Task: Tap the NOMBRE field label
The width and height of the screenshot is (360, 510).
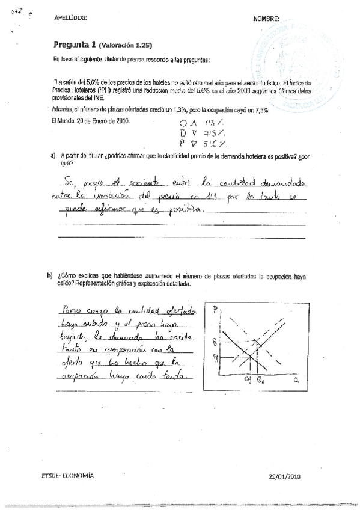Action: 266,19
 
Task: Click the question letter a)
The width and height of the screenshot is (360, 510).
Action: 53,155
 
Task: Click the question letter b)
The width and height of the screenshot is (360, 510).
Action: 50,275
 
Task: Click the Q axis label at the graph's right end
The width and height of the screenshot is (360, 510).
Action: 296,380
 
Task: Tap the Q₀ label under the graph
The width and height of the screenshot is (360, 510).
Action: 261,381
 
